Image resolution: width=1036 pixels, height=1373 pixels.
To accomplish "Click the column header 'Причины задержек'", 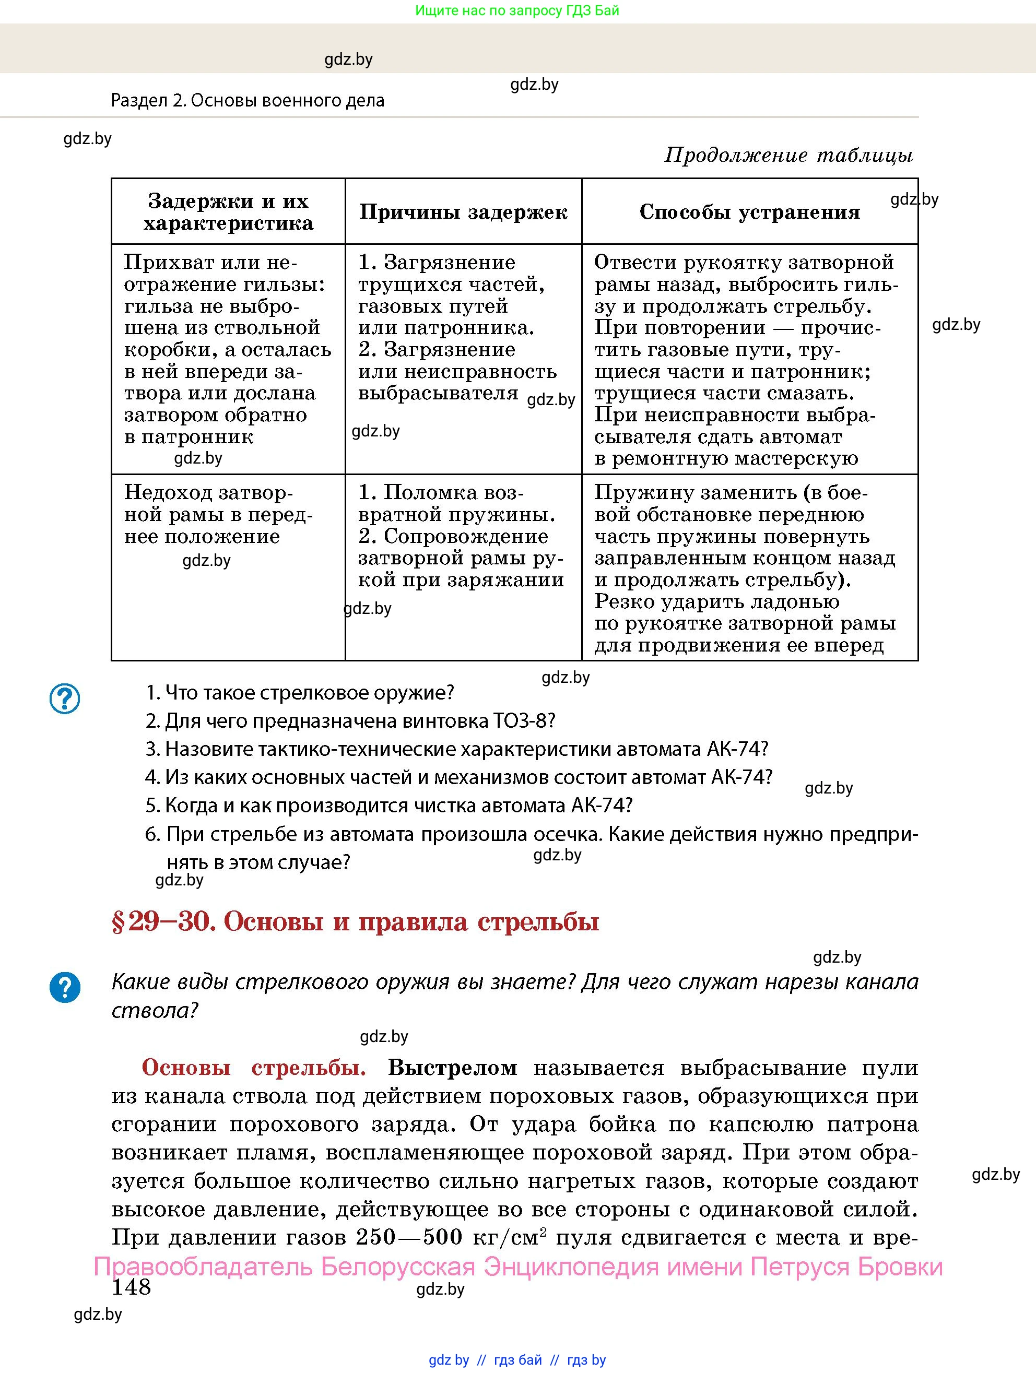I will (x=463, y=212).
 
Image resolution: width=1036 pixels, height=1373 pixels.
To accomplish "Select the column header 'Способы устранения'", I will (x=749, y=212).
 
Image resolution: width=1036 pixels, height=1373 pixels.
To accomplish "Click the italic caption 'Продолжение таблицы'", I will (x=788, y=155).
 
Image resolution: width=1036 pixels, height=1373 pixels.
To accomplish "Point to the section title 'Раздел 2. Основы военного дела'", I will (x=248, y=101).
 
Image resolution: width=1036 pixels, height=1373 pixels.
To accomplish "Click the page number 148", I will (x=131, y=1287).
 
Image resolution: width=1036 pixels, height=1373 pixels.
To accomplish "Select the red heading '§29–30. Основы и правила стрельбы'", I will (x=355, y=922).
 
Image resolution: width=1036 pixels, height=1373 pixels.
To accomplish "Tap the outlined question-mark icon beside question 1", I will (x=65, y=699).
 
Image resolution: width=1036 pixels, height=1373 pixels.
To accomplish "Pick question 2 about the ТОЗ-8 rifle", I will (x=350, y=721).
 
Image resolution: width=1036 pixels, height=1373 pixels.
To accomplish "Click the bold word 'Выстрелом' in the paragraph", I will (x=453, y=1068).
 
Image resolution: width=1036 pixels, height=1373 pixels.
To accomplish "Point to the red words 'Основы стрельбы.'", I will (x=254, y=1068).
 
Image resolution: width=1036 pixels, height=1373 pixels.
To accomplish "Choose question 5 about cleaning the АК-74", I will (x=388, y=806).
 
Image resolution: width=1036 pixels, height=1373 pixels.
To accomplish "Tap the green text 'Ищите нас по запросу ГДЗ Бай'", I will (x=517, y=10).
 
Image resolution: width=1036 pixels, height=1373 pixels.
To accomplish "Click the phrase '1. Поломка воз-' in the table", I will (x=441, y=493).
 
